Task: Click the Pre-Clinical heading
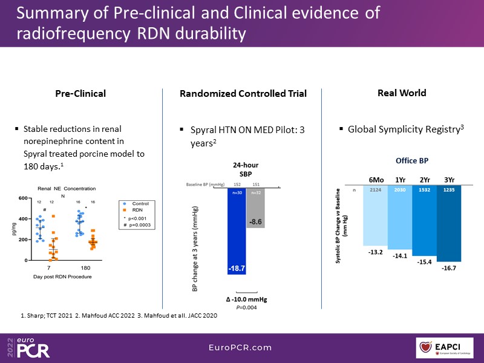(x=80, y=94)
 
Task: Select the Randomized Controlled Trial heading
(x=243, y=94)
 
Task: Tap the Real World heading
(x=402, y=93)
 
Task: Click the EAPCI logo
(x=448, y=347)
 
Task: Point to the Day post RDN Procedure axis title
(x=58, y=276)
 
